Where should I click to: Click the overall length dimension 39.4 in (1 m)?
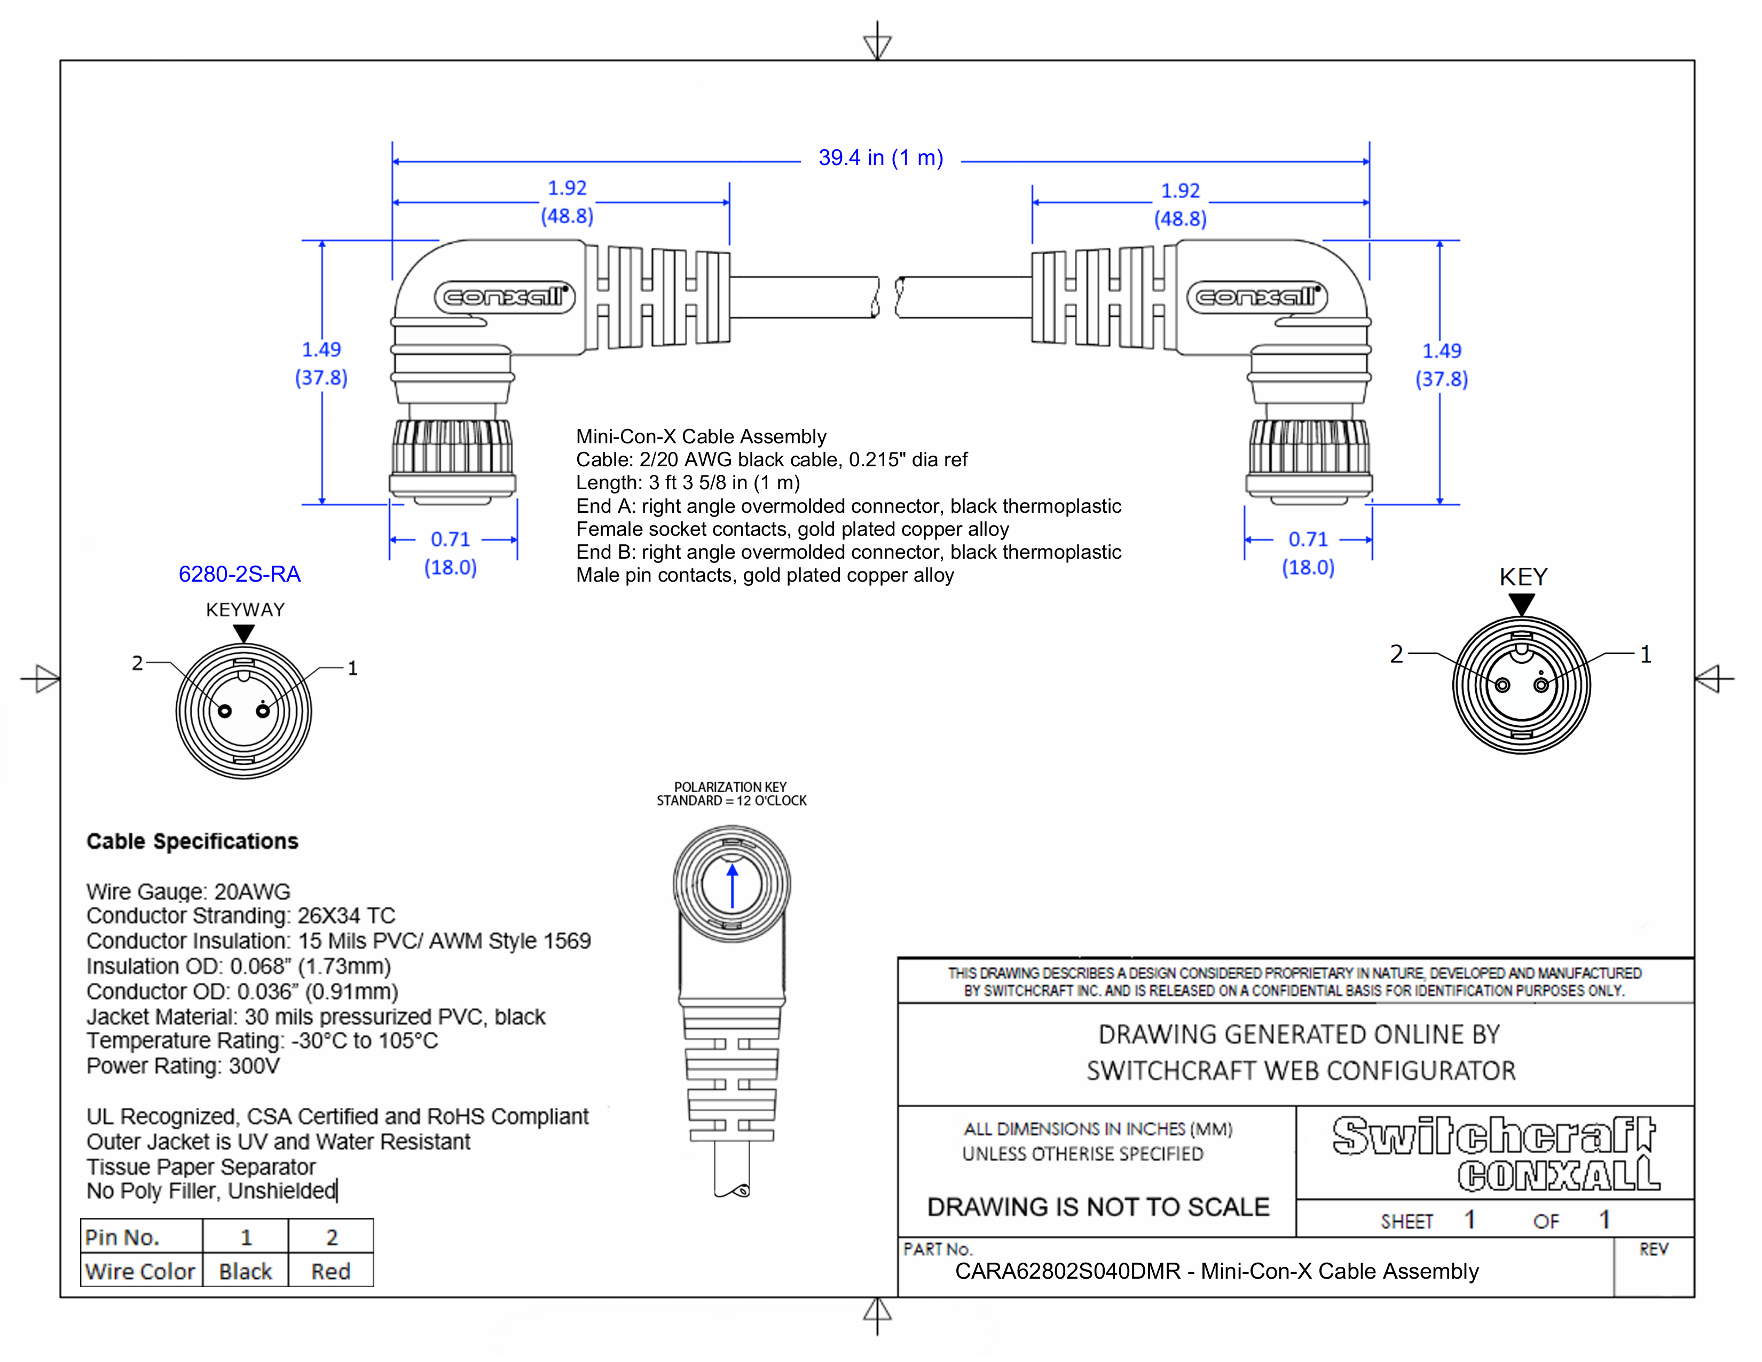point(880,158)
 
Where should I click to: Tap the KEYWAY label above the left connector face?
point(245,610)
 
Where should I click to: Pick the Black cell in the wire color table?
point(245,1272)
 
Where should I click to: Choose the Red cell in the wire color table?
point(331,1272)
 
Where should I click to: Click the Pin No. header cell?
point(123,1237)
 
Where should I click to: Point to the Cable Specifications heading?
point(192,842)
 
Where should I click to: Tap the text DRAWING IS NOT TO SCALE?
point(1098,1207)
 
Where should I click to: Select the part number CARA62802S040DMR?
point(1067,1272)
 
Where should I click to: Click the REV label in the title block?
point(1653,1250)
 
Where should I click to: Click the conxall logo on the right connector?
point(1257,297)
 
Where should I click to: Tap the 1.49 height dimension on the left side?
point(321,350)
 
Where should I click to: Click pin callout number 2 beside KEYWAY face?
point(137,663)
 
